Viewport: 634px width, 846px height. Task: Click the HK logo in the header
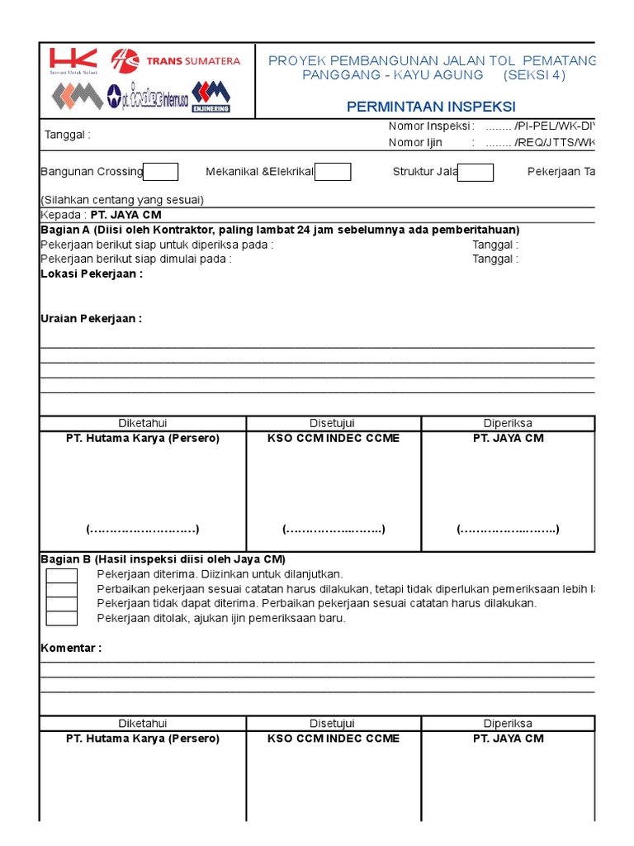73,60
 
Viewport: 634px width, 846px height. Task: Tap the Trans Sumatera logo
176,60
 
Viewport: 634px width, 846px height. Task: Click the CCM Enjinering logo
211,96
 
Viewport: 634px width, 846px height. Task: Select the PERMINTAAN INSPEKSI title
431,107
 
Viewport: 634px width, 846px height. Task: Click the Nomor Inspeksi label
430,126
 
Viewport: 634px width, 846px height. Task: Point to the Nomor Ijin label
415,142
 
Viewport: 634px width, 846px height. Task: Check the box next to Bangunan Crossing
161,172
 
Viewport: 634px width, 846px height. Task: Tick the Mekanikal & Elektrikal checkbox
333,172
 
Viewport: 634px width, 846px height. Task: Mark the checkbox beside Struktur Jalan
475,172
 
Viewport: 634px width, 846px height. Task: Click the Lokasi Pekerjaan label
92,273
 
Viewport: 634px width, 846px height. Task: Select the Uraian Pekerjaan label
91,319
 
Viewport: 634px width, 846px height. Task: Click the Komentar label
71,648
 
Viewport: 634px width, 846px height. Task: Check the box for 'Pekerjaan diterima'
61,574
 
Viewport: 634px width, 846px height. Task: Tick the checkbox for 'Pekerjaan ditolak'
61,618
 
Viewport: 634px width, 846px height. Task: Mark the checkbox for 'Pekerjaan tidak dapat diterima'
61,603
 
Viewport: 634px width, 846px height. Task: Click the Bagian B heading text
163,559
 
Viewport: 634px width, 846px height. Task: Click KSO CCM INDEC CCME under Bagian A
334,438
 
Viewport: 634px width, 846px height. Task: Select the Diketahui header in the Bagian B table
142,723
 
